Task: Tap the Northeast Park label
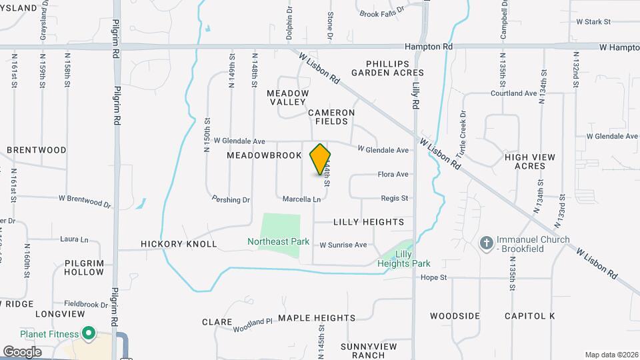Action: click(x=279, y=241)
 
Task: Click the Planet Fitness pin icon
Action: click(x=88, y=333)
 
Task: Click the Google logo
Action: click(x=22, y=351)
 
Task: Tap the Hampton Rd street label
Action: click(x=429, y=47)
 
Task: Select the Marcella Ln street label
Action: click(x=301, y=199)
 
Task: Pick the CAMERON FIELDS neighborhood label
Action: click(x=327, y=117)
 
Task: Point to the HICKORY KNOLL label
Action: click(x=179, y=244)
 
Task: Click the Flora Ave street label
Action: click(x=393, y=175)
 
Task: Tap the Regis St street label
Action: click(x=394, y=199)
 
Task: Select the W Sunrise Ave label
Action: click(x=343, y=245)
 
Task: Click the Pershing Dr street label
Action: click(x=231, y=199)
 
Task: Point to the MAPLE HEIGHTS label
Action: click(x=317, y=318)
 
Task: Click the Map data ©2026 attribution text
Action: click(x=612, y=355)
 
